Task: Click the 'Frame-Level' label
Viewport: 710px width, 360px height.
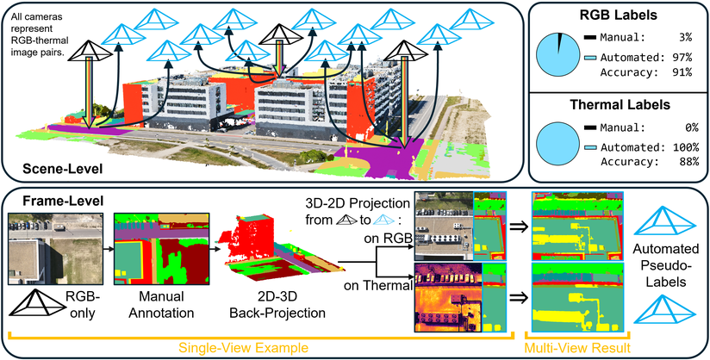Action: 51,200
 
